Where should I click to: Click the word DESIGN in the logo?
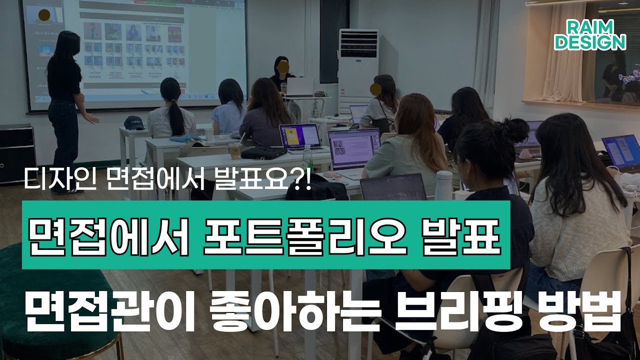click(x=590, y=42)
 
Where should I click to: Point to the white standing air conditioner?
click(x=358, y=70)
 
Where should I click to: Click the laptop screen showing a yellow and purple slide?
click(x=300, y=136)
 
